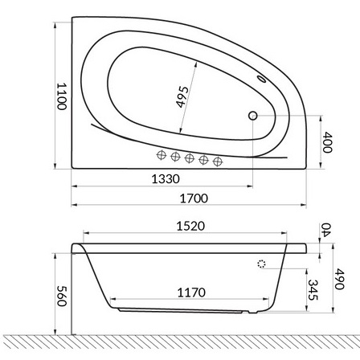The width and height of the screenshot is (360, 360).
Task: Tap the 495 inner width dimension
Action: (x=182, y=98)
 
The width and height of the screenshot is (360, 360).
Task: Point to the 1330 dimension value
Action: (x=166, y=179)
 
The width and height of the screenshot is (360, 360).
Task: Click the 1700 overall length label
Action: (x=193, y=198)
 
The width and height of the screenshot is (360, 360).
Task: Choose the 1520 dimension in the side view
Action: (x=191, y=227)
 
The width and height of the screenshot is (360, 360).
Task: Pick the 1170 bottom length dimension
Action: (x=190, y=292)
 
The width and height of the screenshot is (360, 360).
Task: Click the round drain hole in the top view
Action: (x=253, y=116)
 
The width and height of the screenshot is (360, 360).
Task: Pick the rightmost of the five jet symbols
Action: (x=217, y=162)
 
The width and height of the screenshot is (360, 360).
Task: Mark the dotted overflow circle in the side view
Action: (x=261, y=263)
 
